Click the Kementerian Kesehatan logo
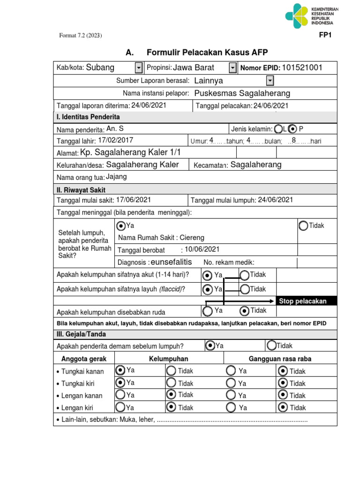pos(311,16)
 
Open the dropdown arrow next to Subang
pos(139,68)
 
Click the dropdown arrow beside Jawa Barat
pos(233,68)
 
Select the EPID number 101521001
pos(302,67)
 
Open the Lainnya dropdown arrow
pos(270,81)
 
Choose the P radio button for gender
pos(293,128)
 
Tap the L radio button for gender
pos(278,128)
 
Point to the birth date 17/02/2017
pos(115,140)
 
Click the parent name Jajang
pos(116,177)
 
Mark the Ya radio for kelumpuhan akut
pos(208,275)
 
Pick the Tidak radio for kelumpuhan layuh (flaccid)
pos(245,289)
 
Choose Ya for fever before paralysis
pos(210,345)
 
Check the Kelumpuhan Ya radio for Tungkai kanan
pos(120,370)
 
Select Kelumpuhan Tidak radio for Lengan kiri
pos(171,407)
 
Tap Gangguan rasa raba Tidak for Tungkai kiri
pos(283,383)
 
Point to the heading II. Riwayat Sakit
pos(81,190)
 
